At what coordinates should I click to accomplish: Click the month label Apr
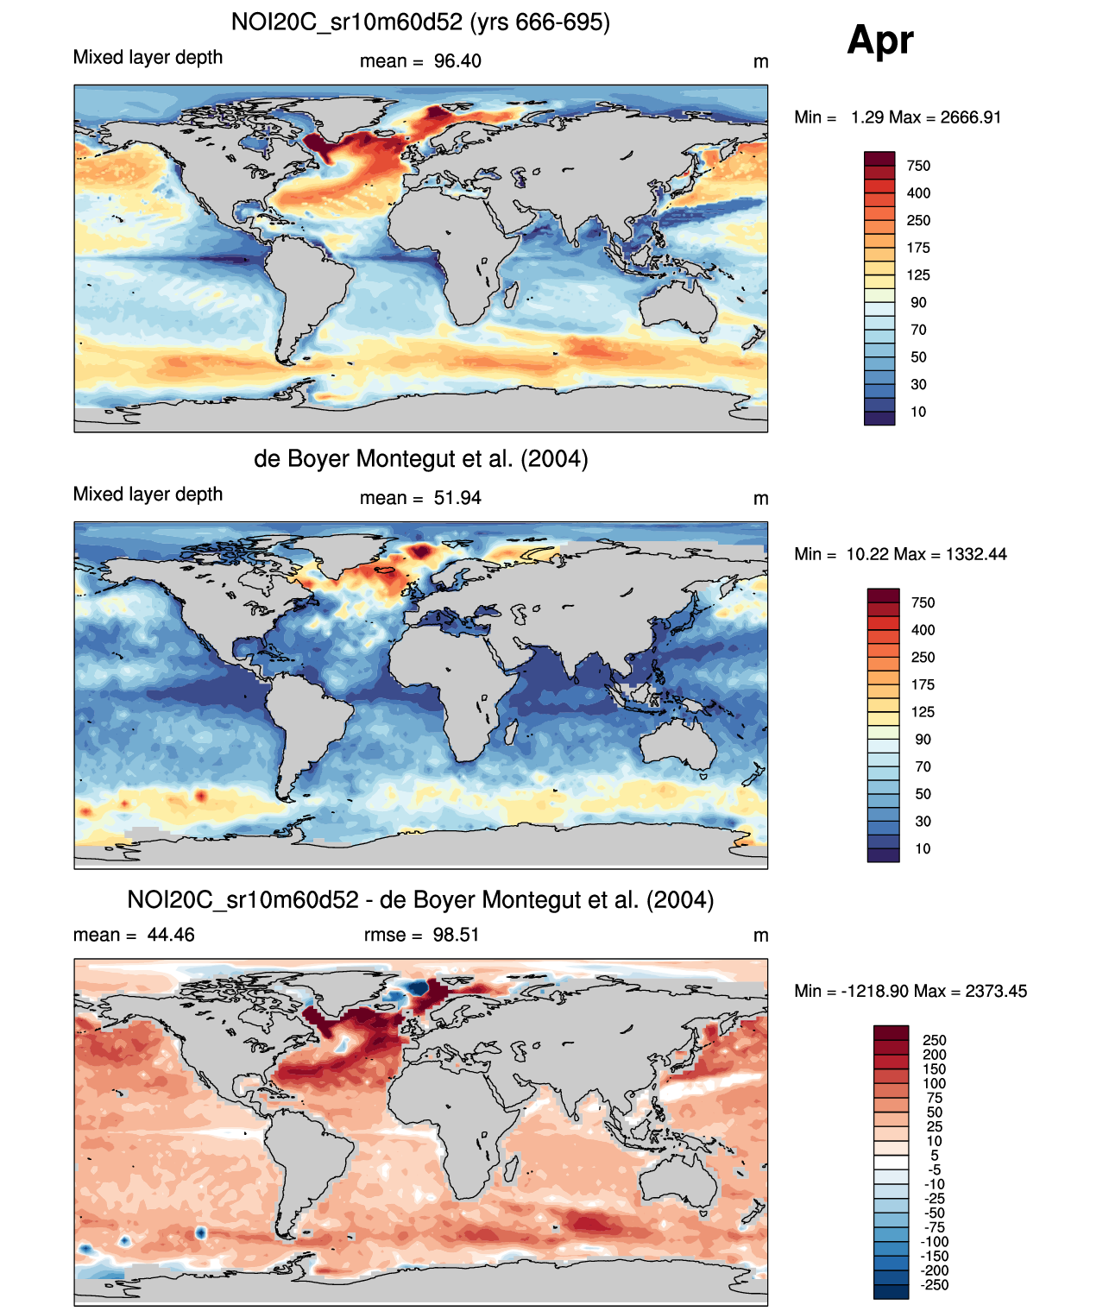[879, 40]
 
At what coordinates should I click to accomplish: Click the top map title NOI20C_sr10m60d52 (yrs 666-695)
[420, 22]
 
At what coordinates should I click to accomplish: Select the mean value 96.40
[457, 61]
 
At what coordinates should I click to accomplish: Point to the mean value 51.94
[457, 498]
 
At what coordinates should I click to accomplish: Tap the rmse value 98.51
[456, 935]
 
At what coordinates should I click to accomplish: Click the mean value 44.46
[171, 935]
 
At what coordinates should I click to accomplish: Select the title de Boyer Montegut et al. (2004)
[420, 458]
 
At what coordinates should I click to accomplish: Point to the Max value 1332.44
[976, 554]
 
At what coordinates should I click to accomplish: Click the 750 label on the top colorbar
[918, 166]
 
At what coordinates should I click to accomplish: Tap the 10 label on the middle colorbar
[923, 848]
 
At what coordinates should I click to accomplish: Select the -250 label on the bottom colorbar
[935, 1284]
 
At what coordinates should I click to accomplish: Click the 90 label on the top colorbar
[918, 302]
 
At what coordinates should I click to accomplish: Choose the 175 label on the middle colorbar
[923, 684]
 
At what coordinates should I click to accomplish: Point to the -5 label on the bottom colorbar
[935, 1169]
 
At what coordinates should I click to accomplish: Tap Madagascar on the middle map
[511, 733]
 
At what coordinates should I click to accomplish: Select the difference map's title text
[420, 900]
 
